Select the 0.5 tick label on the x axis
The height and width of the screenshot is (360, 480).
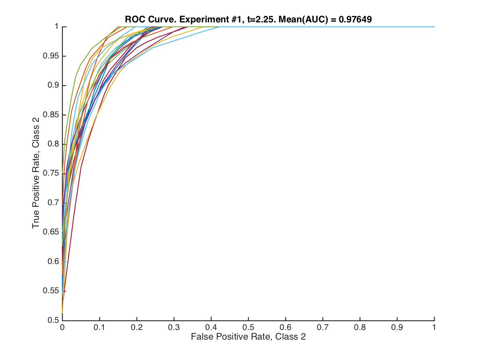point(248,327)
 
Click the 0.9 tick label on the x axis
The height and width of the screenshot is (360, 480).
point(397,327)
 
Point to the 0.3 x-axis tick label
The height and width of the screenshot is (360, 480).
point(174,327)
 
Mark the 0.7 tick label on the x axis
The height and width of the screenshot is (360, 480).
point(323,327)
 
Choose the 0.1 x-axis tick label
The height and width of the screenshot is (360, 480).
point(100,327)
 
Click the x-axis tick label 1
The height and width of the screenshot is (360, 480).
point(434,327)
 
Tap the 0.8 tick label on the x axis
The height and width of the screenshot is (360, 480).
point(360,327)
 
